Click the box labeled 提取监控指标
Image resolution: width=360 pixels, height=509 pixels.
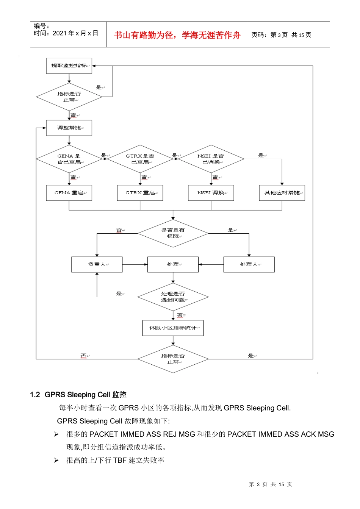(69, 66)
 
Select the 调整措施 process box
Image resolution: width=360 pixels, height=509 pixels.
(69, 128)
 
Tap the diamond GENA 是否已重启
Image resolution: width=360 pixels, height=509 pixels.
(69, 159)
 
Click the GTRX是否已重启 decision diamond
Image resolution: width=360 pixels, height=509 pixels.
(140, 159)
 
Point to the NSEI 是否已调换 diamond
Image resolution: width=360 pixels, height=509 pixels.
(211, 159)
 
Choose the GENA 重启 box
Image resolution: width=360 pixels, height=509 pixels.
(69, 193)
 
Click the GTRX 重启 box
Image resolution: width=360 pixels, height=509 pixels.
(140, 193)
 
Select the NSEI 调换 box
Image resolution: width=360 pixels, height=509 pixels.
(211, 193)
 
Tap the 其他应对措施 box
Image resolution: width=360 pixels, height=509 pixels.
(282, 193)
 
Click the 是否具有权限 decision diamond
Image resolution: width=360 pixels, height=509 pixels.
(173, 233)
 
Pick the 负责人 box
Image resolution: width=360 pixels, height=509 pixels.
(97, 264)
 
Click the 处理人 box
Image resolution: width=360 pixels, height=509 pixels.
(249, 264)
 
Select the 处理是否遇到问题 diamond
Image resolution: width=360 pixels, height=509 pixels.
(173, 297)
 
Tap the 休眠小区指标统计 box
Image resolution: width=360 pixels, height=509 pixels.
(173, 328)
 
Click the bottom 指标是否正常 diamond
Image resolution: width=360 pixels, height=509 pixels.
(173, 359)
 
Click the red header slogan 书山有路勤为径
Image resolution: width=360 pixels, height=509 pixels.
(177, 35)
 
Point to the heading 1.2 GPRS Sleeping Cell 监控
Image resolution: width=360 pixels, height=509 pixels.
(78, 395)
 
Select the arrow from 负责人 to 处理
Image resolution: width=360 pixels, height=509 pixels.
(135, 264)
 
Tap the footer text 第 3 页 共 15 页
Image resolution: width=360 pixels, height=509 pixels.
(271, 484)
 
